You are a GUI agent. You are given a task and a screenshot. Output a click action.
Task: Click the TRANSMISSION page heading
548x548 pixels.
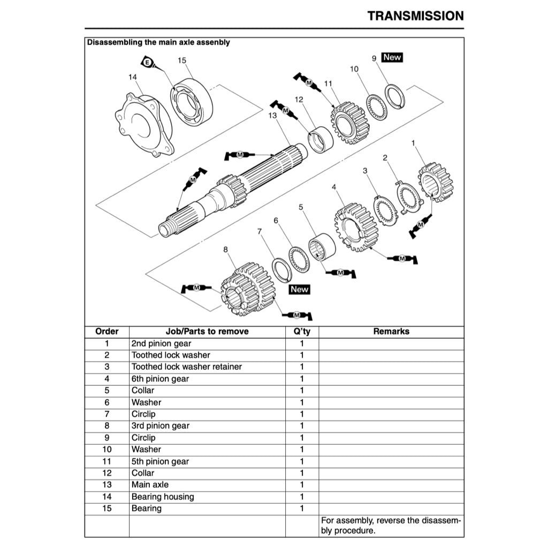pos(415,16)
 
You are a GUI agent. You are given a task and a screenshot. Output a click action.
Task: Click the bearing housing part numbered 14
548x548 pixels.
pos(143,126)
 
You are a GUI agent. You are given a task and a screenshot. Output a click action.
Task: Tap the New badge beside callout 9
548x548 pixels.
pos(392,57)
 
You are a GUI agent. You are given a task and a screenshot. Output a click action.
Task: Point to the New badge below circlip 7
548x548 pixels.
pos(300,289)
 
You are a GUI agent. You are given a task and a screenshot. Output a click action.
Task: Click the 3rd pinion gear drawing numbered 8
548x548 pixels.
pos(248,289)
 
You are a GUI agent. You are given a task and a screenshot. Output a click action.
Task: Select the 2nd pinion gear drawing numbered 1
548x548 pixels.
pos(436,182)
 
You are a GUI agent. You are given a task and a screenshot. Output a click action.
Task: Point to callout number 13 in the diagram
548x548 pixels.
pos(272,115)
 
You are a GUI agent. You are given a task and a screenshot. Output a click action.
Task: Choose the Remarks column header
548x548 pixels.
pos(391,331)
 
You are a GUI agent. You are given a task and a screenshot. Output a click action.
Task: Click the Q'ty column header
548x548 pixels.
pos(302,331)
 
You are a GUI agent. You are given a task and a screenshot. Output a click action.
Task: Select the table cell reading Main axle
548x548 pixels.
pos(150,485)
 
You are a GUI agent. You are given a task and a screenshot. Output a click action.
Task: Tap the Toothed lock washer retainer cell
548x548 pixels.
pos(187,367)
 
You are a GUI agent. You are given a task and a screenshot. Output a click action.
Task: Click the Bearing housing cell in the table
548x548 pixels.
pos(163,497)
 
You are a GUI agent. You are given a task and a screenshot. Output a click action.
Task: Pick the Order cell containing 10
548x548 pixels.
pos(106,450)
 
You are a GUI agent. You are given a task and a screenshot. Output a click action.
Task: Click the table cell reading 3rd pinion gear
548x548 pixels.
pos(161,426)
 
